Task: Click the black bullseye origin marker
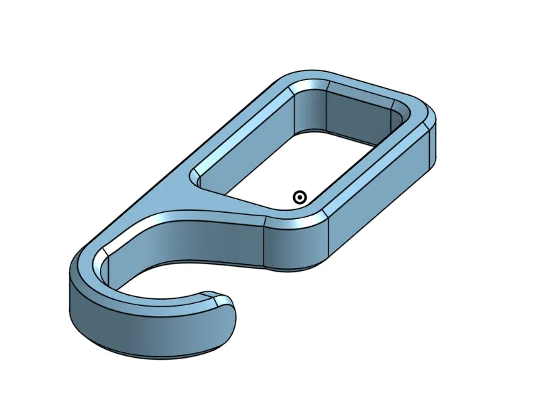click(299, 198)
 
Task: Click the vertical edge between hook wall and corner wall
click(265, 243)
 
